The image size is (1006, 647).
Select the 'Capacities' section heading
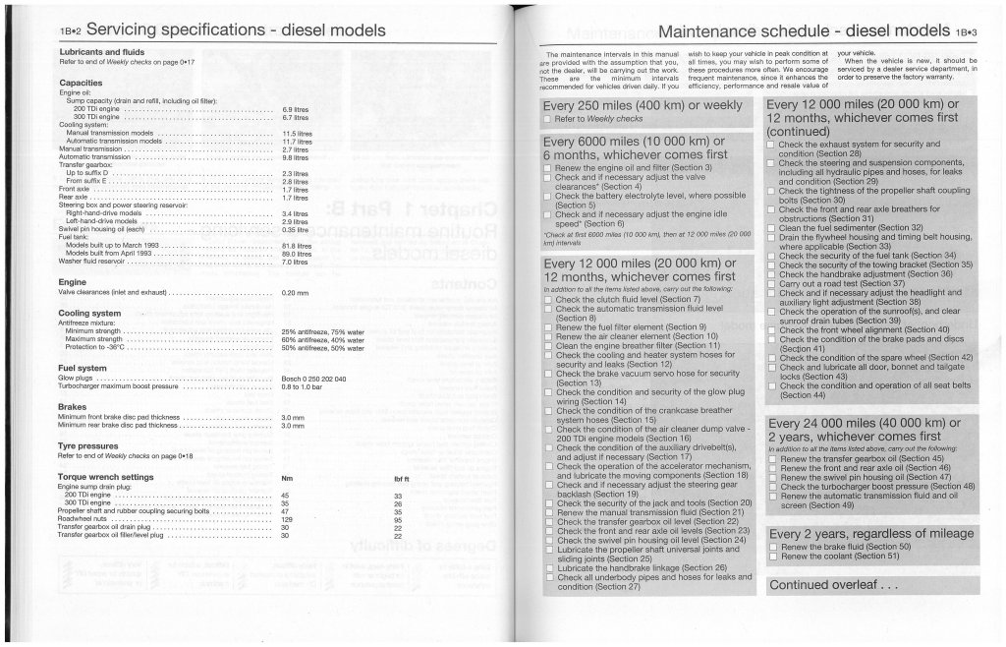tap(81, 84)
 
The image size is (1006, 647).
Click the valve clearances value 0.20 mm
tap(295, 293)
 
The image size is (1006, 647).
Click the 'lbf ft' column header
tap(401, 478)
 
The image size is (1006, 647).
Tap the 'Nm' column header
tap(287, 478)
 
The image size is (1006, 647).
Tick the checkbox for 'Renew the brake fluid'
tap(773, 547)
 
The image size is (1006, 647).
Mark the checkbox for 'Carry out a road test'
tap(772, 283)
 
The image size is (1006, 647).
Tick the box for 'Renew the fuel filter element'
tap(548, 326)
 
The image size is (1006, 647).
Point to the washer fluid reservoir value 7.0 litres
tap(295, 262)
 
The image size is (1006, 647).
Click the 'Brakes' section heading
tap(73, 406)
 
